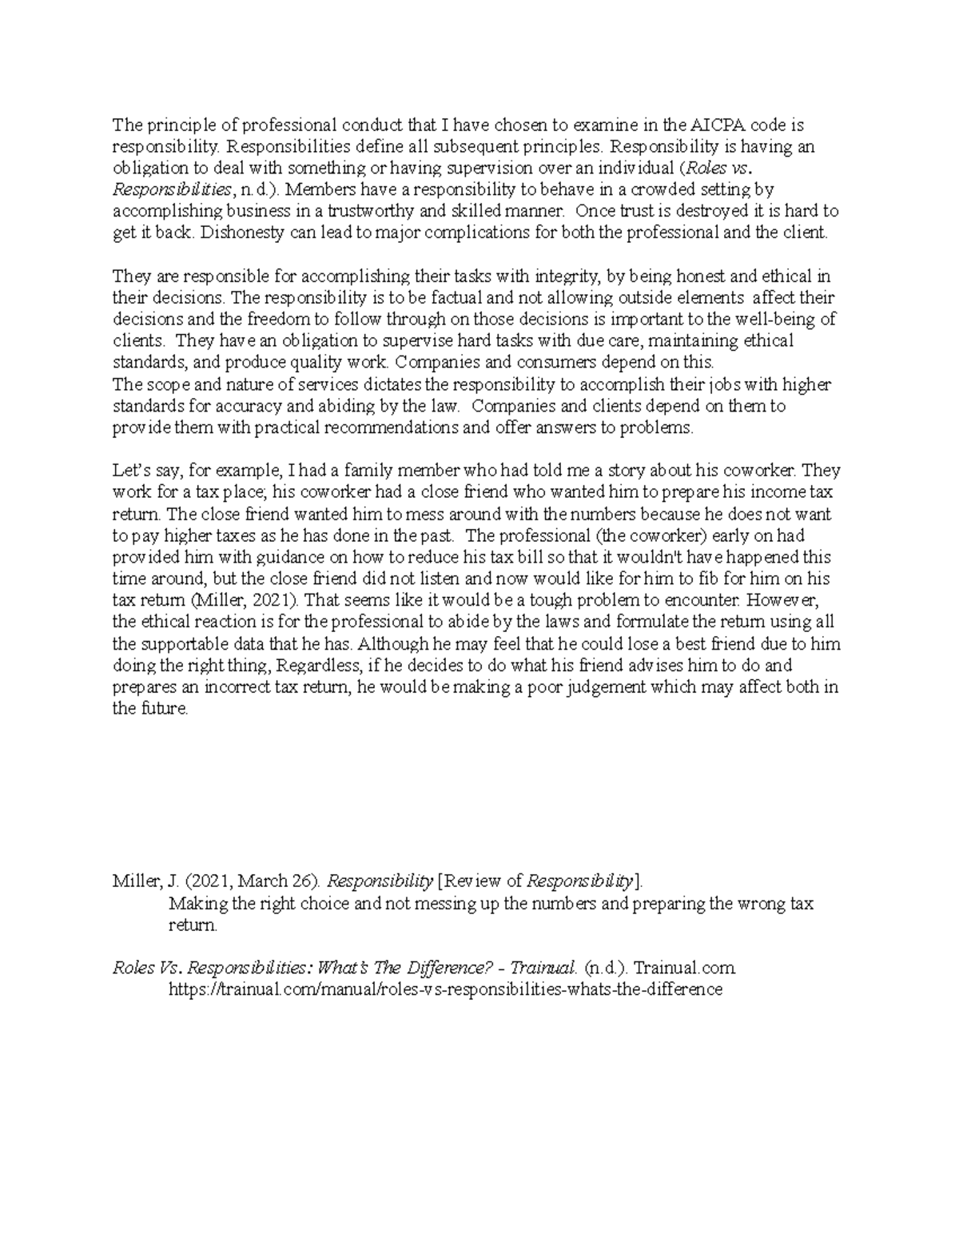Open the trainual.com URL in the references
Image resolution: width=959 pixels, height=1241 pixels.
click(445, 989)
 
